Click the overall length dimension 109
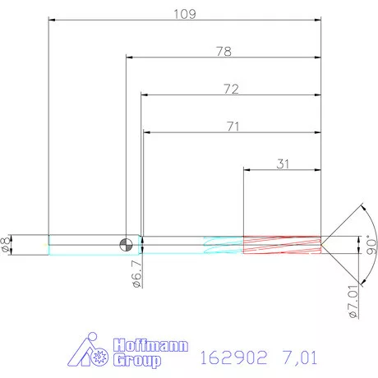[183, 14]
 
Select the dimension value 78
[223, 51]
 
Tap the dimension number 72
[230, 89]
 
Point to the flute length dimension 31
[283, 164]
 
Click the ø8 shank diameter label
[7, 244]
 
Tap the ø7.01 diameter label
[353, 301]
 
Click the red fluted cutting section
[281, 244]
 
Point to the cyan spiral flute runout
[222, 244]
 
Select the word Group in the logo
[139, 360]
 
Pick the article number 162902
[233, 358]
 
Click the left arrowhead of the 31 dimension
[247, 170]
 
